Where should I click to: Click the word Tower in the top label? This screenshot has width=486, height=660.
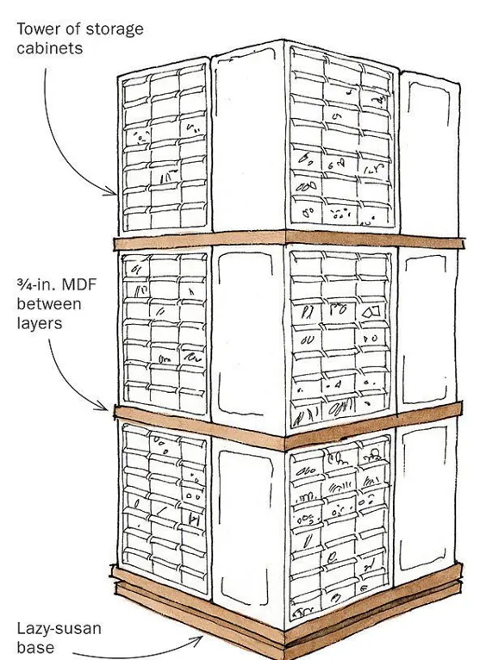(36, 29)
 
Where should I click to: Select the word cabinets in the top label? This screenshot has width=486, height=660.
(50, 47)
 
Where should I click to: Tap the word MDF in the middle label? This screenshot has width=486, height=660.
(79, 284)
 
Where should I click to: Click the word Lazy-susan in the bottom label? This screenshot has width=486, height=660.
(59, 629)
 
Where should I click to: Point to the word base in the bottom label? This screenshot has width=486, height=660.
(35, 647)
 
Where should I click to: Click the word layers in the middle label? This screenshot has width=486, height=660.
(40, 323)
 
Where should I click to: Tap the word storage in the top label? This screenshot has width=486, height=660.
(114, 30)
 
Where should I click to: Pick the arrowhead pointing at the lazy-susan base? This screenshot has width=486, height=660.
(198, 641)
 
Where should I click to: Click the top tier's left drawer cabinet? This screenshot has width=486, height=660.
(164, 147)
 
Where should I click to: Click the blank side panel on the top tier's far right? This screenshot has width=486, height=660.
(429, 154)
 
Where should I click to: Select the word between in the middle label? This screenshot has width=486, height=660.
(49, 303)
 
